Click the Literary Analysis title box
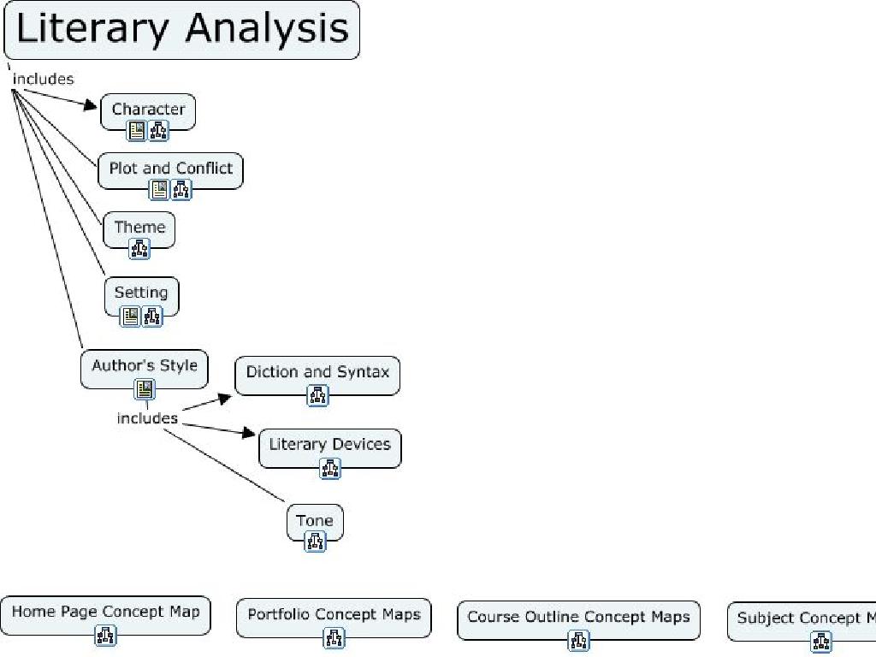181,29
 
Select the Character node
148,109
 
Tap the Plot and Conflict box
170,169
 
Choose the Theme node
139,228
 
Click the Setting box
141,293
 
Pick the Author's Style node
144,365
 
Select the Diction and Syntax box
317,372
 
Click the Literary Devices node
329,445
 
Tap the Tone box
314,520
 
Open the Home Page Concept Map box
105,612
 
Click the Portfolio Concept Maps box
334,614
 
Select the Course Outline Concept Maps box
578,617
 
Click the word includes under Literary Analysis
43,79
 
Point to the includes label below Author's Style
147,418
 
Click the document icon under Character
137,131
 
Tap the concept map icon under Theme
139,249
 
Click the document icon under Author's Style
145,389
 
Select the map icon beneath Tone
315,542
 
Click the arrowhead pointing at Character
92,105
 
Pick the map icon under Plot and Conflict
181,190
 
